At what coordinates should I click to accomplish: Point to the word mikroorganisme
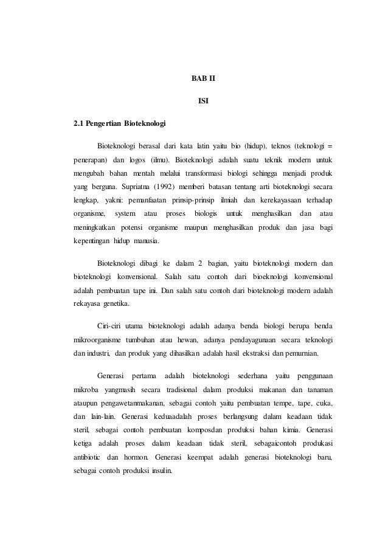97,339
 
